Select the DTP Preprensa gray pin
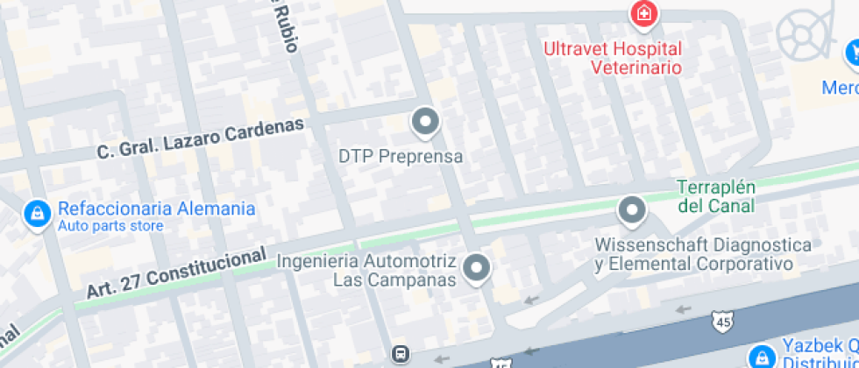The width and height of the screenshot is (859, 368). coord(426,123)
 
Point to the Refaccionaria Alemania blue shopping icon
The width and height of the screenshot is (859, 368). coord(37,213)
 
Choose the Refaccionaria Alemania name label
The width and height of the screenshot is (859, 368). coord(157,209)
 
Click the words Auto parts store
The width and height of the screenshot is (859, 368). coord(110,226)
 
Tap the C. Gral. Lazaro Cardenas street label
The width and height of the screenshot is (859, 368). coord(201,138)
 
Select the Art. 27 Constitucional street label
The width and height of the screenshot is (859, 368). coord(176,272)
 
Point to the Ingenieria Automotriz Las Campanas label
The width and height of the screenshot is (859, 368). coord(367,271)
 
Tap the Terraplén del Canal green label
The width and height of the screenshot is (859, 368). coord(716,197)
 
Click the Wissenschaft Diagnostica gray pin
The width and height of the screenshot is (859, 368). coord(631,211)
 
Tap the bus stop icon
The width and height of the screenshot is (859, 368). coord(400,354)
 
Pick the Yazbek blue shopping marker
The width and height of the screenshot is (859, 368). coord(761,355)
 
